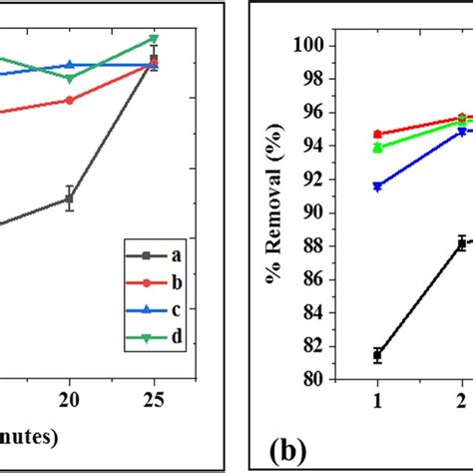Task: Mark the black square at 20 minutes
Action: pos(69,199)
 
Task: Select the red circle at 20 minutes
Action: pos(69,100)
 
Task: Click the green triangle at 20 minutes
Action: pos(69,78)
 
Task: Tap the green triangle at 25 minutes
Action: pos(154,39)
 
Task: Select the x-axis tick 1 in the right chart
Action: pos(377,399)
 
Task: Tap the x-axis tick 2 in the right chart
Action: pos(461,399)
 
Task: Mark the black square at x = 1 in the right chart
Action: pos(377,354)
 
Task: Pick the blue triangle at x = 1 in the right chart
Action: pos(377,187)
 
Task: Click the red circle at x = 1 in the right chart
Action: pos(377,134)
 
